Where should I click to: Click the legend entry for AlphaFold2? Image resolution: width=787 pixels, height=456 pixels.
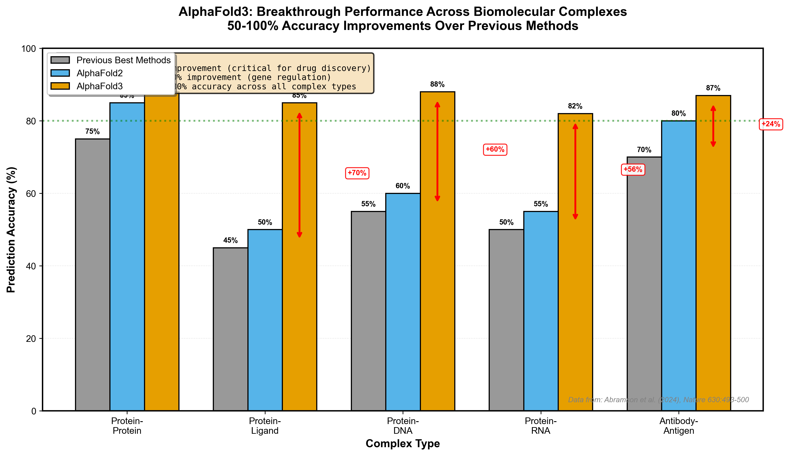pyautogui.click(x=99, y=73)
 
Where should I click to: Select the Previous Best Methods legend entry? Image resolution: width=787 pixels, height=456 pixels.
pyautogui.click(x=123, y=60)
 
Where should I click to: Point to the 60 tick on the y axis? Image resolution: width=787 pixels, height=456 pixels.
pyautogui.click(x=31, y=194)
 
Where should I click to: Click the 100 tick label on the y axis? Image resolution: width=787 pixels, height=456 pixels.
pyautogui.click(x=29, y=49)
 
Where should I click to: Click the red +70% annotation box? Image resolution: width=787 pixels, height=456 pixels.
pyautogui.click(x=357, y=173)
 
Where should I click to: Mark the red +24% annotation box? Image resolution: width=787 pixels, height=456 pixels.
pyautogui.click(x=770, y=124)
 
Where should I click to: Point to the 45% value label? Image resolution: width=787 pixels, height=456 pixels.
pyautogui.click(x=230, y=240)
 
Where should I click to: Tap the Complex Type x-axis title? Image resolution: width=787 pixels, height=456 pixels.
pyautogui.click(x=403, y=443)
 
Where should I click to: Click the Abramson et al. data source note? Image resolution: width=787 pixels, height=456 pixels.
pyautogui.click(x=658, y=400)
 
